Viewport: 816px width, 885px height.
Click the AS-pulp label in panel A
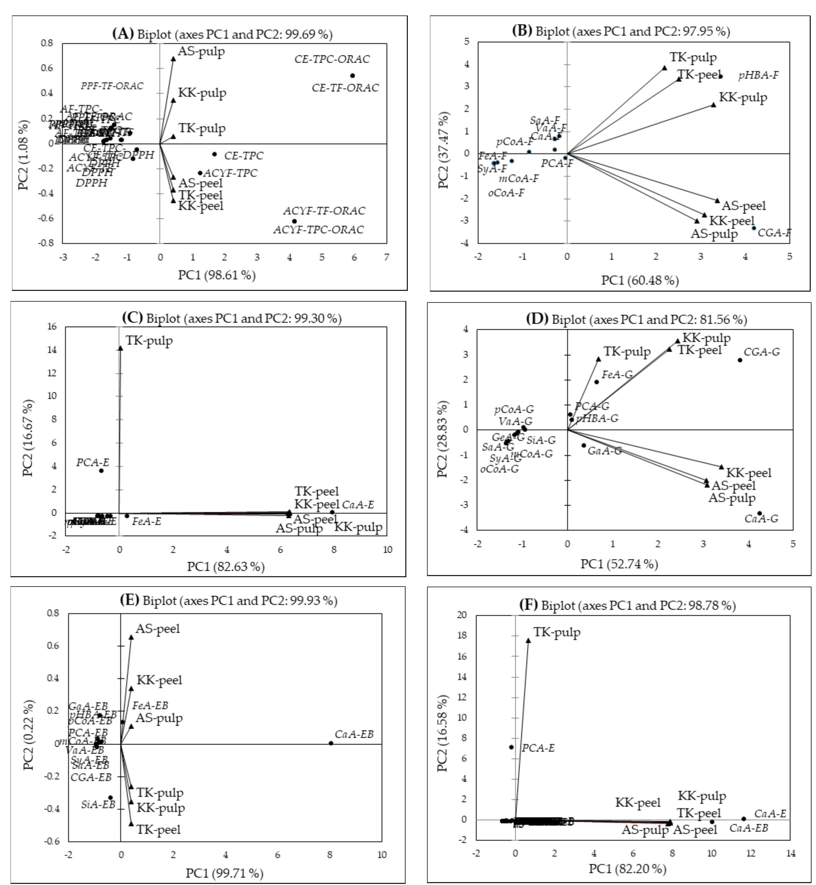pos(201,52)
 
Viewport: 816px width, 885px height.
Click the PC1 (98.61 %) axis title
pos(217,275)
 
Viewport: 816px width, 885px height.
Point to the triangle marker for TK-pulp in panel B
pos(664,68)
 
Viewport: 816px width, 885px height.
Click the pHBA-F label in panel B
pos(759,75)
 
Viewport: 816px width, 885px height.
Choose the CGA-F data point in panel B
pos(754,228)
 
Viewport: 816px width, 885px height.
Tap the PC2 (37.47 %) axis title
pos(443,150)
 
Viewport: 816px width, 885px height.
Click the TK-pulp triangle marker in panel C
pos(121,348)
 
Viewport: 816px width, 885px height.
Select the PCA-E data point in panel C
pos(101,471)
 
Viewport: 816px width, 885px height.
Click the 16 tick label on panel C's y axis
pos(52,327)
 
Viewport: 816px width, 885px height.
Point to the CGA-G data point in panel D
pos(740,360)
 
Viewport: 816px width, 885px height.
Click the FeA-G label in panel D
pos(617,375)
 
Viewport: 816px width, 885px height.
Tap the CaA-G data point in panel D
pos(759,514)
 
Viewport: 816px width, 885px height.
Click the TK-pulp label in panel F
pos(557,632)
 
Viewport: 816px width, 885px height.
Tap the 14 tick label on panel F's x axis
pos(790,854)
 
